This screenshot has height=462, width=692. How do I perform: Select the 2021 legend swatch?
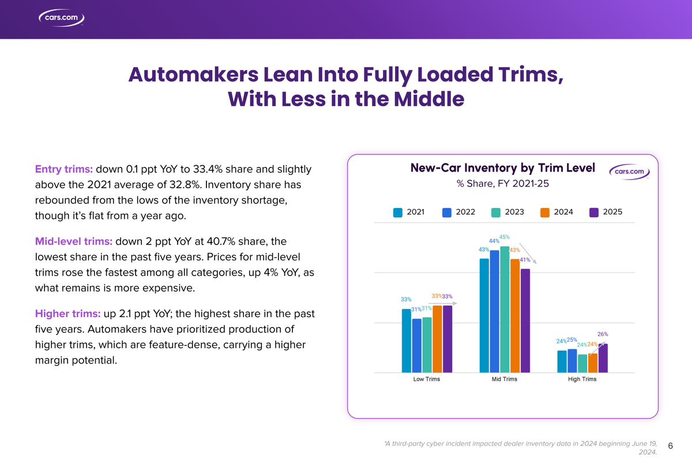397,212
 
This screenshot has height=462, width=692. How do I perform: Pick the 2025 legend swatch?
594,212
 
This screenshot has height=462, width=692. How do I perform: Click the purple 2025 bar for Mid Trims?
525,321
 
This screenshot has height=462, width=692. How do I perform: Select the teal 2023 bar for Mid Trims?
505,309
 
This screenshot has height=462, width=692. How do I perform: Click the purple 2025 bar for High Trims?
603,358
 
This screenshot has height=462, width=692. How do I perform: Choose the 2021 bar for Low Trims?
407,340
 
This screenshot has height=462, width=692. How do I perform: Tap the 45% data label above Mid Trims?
505,237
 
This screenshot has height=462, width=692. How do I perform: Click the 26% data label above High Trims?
603,334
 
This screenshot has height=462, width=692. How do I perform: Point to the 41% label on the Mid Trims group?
525,260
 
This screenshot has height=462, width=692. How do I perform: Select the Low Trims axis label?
427,379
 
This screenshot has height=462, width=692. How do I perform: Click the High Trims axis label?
582,379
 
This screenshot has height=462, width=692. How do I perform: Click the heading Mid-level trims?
74,241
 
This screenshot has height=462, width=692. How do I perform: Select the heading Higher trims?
67,314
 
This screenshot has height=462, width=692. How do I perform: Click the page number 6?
671,445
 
